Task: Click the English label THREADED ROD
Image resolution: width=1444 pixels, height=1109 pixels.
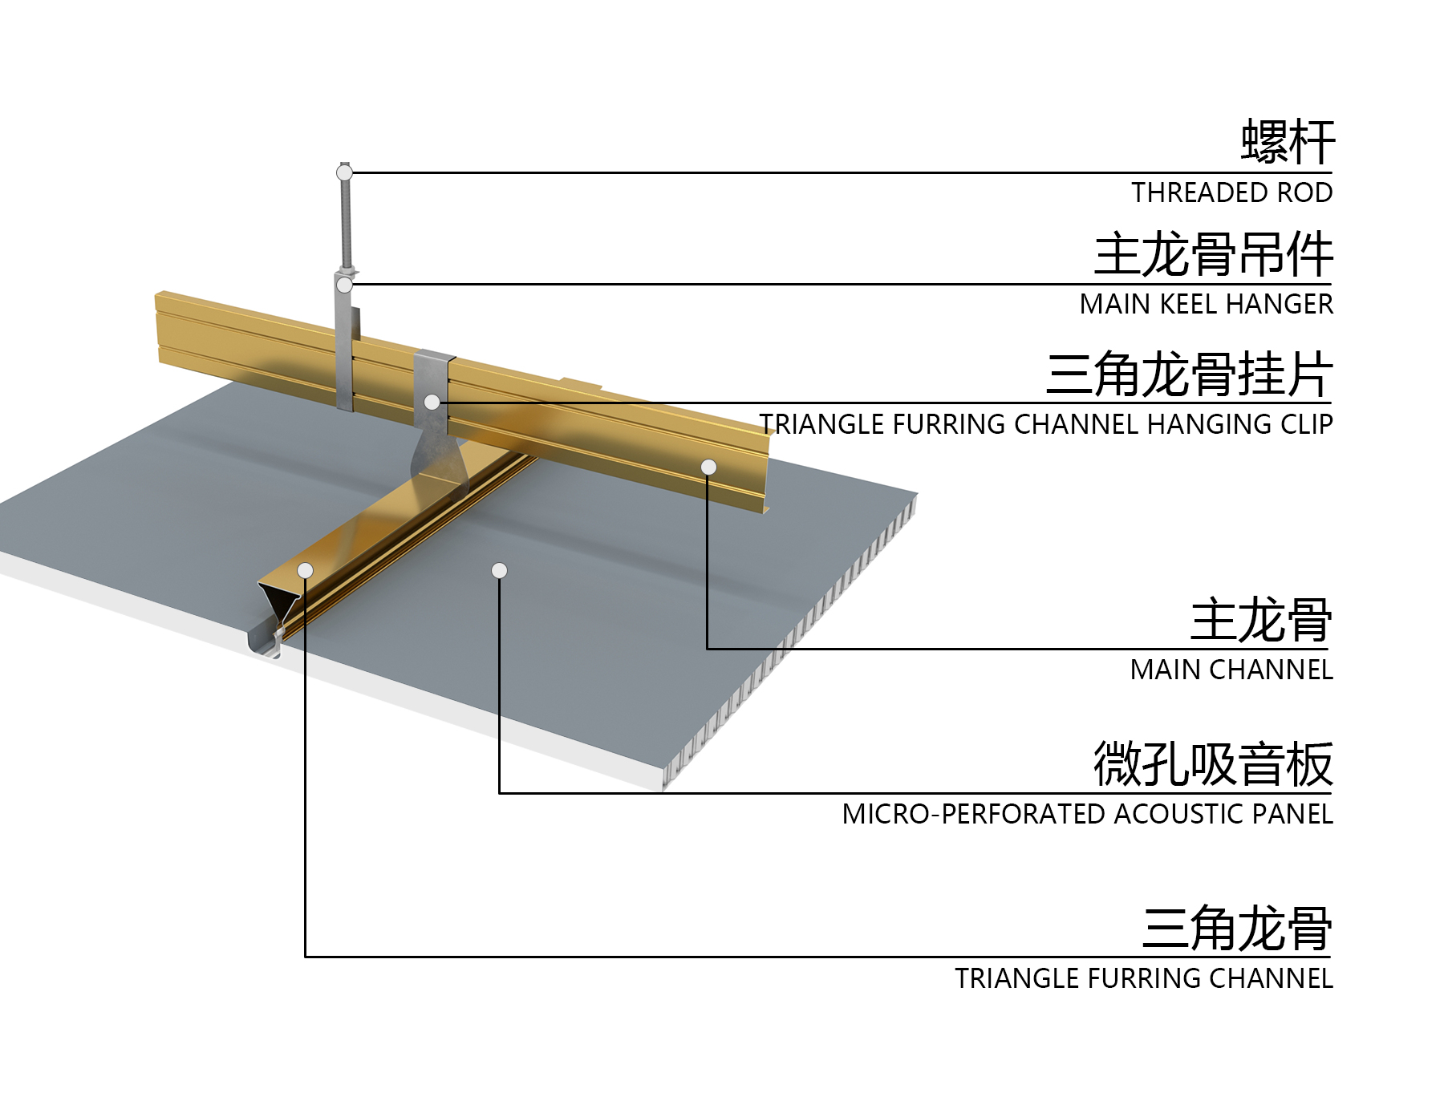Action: pos(1231,192)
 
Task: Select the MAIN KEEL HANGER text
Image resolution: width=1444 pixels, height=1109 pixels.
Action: pos(1206,304)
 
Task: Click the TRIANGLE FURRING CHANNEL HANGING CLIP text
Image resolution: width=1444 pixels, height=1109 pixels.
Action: pos(1046,423)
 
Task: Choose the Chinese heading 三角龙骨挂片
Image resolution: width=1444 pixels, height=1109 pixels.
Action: pos(1189,373)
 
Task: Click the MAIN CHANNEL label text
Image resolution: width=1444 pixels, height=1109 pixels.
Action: pos(1231,670)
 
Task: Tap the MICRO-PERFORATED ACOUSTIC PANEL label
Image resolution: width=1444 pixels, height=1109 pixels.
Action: pos(1087,814)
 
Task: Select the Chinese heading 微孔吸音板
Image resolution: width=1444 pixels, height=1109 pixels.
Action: pos(1213,763)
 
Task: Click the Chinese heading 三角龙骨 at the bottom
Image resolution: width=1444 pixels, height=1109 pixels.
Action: pos(1237,928)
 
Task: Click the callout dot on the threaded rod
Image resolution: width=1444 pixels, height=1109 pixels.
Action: pos(344,172)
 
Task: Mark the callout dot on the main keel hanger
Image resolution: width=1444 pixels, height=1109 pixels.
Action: pos(344,285)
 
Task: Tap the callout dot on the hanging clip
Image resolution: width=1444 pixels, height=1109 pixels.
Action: pos(432,402)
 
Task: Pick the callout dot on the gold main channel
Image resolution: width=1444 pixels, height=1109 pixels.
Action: pos(708,467)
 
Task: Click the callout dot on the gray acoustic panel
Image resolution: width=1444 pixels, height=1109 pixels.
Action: pos(499,570)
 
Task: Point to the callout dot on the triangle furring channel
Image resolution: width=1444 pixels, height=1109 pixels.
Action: pos(305,570)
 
